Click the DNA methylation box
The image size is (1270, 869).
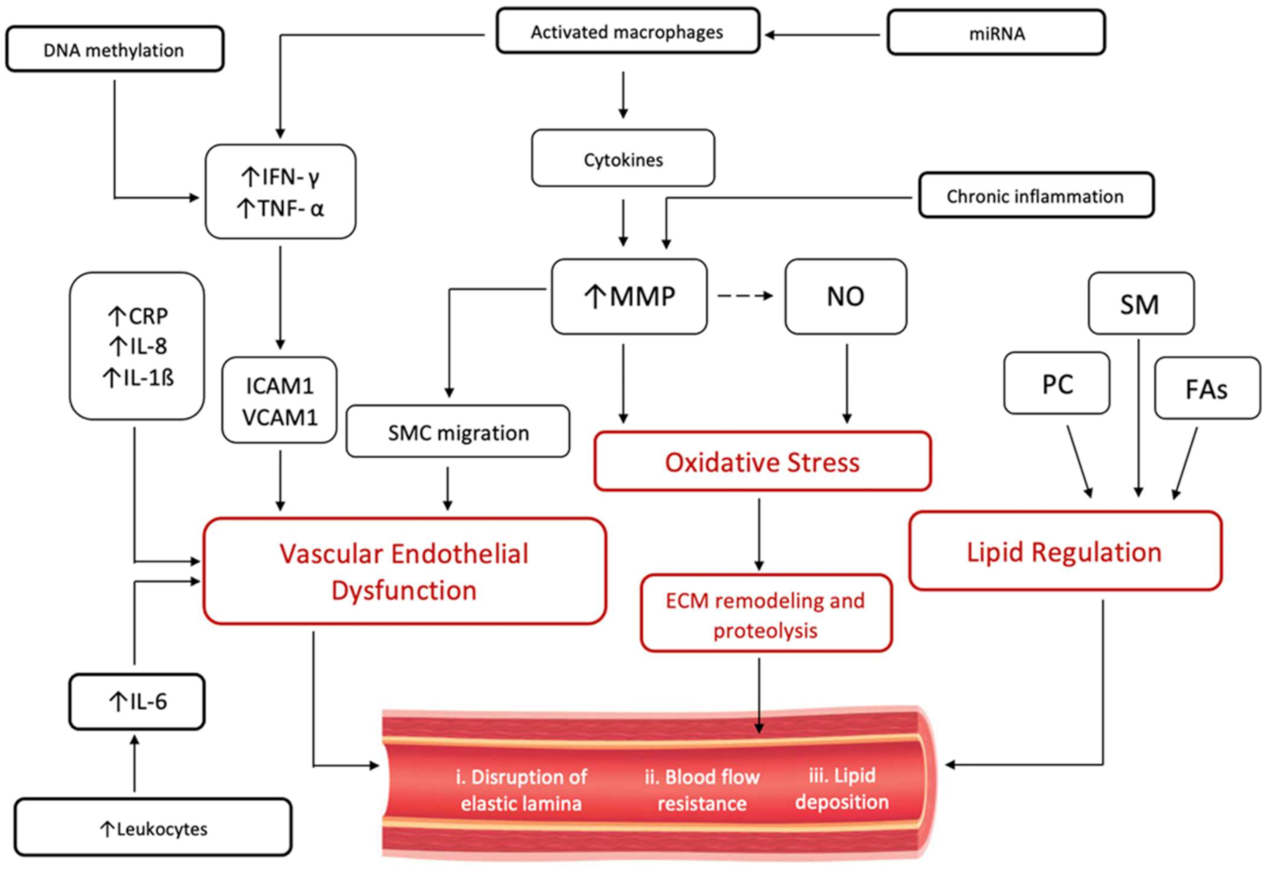[x=114, y=50]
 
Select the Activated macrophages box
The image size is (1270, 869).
[x=628, y=32]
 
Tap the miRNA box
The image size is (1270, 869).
[x=996, y=33]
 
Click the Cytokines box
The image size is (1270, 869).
[x=623, y=159]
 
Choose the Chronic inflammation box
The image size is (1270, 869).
[x=1035, y=196]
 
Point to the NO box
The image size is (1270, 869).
[x=845, y=297]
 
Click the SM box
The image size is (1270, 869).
[x=1140, y=304]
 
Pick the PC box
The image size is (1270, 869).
[x=1056, y=384]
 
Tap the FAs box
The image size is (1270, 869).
[x=1206, y=389]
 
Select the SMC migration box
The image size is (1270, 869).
[x=458, y=432]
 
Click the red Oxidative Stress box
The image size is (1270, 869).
[x=762, y=462]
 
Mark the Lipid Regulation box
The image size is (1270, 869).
[x=1064, y=551]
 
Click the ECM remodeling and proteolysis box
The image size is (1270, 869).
[x=765, y=614]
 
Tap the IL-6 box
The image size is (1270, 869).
[x=137, y=701]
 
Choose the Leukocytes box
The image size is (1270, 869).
[x=153, y=828]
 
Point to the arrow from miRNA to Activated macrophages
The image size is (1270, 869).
[x=823, y=35]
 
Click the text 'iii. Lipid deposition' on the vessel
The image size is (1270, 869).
[x=841, y=788]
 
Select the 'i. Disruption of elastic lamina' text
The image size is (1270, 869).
[x=521, y=789]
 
